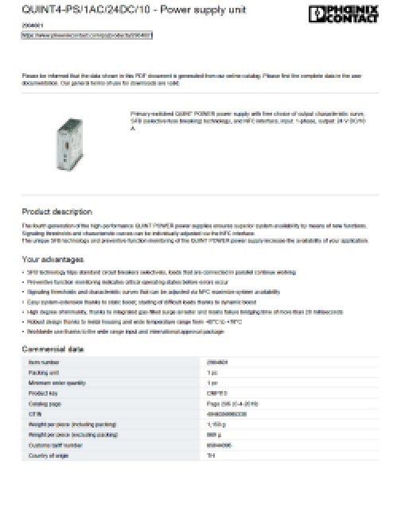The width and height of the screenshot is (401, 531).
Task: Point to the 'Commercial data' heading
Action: coord(53,350)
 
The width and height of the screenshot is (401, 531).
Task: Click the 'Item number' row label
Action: coord(41,362)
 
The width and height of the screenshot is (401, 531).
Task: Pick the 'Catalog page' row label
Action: coord(41,403)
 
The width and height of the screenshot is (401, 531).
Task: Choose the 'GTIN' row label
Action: coord(33,413)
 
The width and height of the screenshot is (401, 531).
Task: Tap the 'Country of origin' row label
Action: coord(45,455)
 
